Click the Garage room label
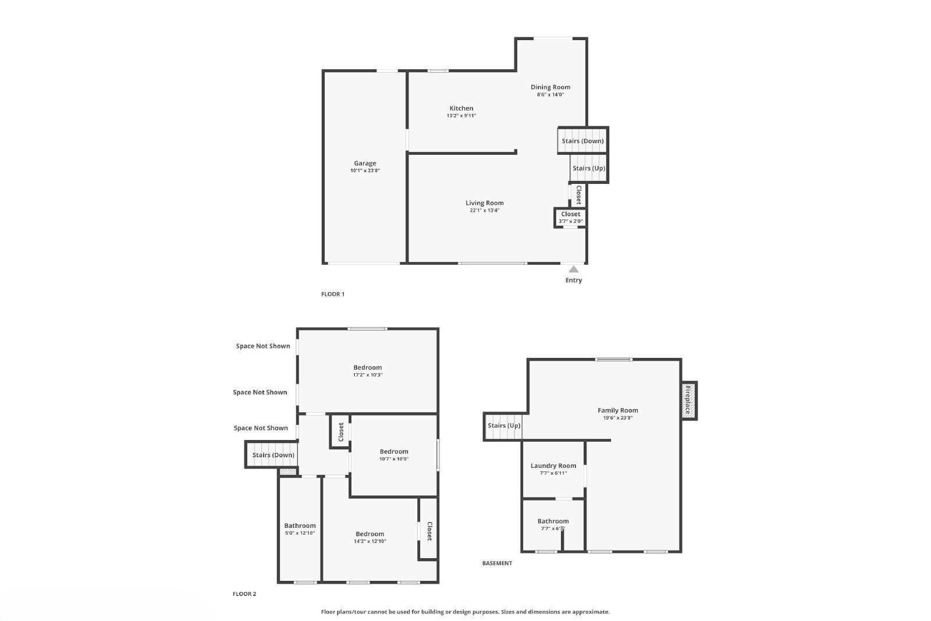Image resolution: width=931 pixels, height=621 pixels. point(365,164)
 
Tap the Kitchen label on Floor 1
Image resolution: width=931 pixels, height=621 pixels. point(461,108)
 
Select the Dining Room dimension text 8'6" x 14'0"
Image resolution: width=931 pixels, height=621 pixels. point(550,94)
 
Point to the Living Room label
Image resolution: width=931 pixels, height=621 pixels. point(485,203)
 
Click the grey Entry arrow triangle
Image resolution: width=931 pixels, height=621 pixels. point(574,269)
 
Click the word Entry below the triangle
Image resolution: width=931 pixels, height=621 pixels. point(574,280)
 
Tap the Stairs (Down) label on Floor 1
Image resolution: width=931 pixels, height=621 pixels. point(582,141)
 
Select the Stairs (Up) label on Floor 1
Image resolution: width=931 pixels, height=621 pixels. point(589,168)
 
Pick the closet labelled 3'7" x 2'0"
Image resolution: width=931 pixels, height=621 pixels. point(571,217)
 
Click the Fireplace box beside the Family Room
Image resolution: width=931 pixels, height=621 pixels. point(688,400)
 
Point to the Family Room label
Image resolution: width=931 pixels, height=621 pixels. point(618,410)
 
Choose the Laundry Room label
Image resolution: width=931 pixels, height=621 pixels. point(553,466)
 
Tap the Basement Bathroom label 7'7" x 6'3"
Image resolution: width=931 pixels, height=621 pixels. point(553,524)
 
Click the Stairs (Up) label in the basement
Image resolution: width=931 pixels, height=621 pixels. point(504,425)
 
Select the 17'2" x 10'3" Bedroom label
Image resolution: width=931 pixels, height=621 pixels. point(368,371)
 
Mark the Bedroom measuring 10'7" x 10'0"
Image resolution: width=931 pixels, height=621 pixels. point(394,455)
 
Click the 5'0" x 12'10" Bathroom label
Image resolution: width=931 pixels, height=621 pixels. point(300,528)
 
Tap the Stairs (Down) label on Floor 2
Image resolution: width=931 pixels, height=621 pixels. point(273,455)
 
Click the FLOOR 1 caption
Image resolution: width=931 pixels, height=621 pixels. point(333,294)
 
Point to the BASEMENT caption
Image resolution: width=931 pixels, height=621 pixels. point(498,563)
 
